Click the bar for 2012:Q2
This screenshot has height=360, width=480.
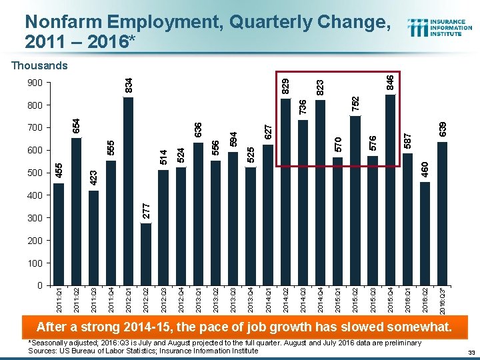coord(146,254)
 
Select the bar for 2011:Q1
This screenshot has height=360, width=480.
coord(59,234)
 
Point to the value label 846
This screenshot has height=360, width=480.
coord(391,82)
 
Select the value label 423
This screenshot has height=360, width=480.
coord(93,177)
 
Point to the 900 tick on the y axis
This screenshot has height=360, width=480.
coord(35,83)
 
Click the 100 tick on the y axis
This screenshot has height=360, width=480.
coord(35,263)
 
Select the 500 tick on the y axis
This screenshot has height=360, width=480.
coord(35,173)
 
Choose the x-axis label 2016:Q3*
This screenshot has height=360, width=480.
coord(443,301)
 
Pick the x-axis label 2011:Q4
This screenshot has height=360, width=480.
coord(111,299)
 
